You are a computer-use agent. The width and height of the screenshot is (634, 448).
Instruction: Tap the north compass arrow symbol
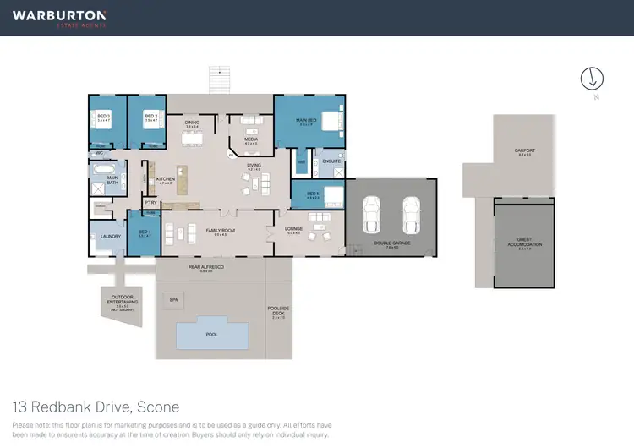coord(593,79)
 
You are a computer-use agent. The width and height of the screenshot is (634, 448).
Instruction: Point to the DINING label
coord(192,123)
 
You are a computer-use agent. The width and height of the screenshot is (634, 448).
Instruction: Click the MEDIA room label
coord(250,139)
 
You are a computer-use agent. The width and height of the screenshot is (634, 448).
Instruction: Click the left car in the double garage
coord(370,216)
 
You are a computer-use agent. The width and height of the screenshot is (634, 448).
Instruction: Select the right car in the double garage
coord(412,216)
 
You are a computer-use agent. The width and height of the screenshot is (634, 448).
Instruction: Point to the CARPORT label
coord(524,150)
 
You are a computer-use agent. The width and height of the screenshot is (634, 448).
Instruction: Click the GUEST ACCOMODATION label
coord(524,243)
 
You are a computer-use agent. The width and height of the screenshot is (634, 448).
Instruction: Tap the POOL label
coord(211,334)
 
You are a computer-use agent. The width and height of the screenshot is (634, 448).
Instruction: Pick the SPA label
coord(174,299)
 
